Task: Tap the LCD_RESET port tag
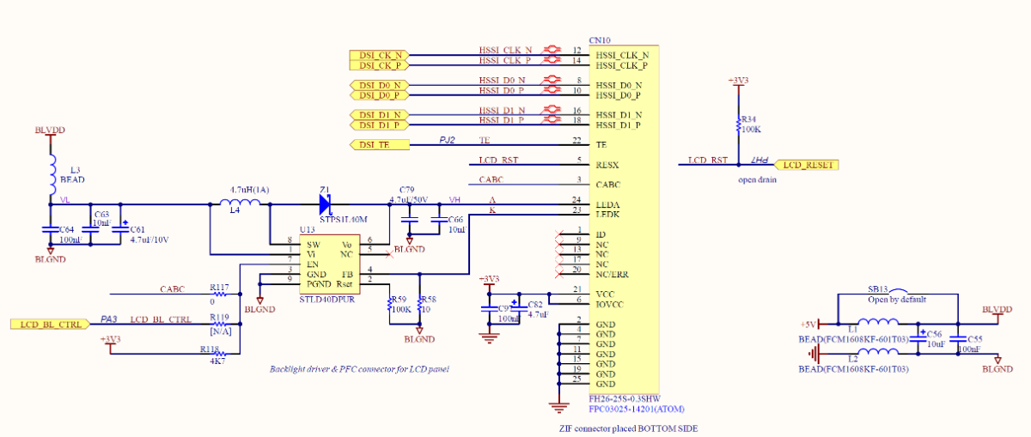[x=808, y=164]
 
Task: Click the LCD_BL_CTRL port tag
[x=50, y=324]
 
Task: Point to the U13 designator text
[x=307, y=230]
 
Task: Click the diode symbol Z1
[x=326, y=203]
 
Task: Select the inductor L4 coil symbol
[x=241, y=203]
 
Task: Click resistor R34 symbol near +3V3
[x=737, y=126]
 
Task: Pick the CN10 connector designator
[x=599, y=40]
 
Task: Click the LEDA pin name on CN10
[x=609, y=204]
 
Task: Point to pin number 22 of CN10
[x=577, y=141]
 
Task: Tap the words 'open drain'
[x=757, y=180]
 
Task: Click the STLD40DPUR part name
[x=326, y=299]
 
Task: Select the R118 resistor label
[x=210, y=350]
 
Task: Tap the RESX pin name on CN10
[x=607, y=164]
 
